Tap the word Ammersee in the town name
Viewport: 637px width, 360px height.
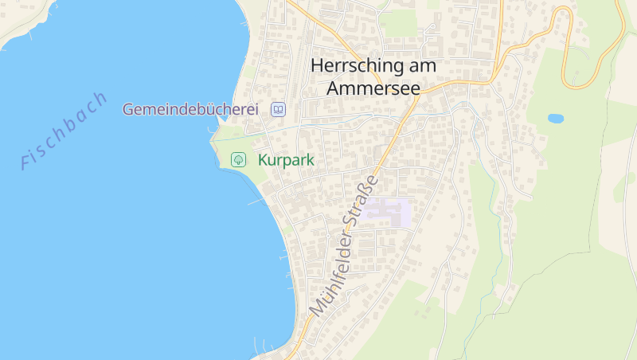click(x=373, y=88)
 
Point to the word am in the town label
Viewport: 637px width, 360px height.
click(x=423, y=66)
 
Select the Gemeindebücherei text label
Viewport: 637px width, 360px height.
click(x=190, y=109)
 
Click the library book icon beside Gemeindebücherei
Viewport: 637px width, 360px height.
click(x=278, y=109)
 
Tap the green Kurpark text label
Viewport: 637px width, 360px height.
click(x=286, y=160)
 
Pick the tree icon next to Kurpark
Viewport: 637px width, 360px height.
click(x=238, y=160)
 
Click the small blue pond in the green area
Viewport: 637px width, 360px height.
click(x=556, y=119)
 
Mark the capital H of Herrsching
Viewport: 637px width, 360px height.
click(x=318, y=66)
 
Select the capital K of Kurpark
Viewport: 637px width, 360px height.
click(x=263, y=160)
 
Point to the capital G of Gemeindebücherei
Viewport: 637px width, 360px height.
click(x=128, y=109)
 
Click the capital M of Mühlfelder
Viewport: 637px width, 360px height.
click(x=316, y=305)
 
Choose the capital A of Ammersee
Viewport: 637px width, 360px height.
click(x=334, y=88)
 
